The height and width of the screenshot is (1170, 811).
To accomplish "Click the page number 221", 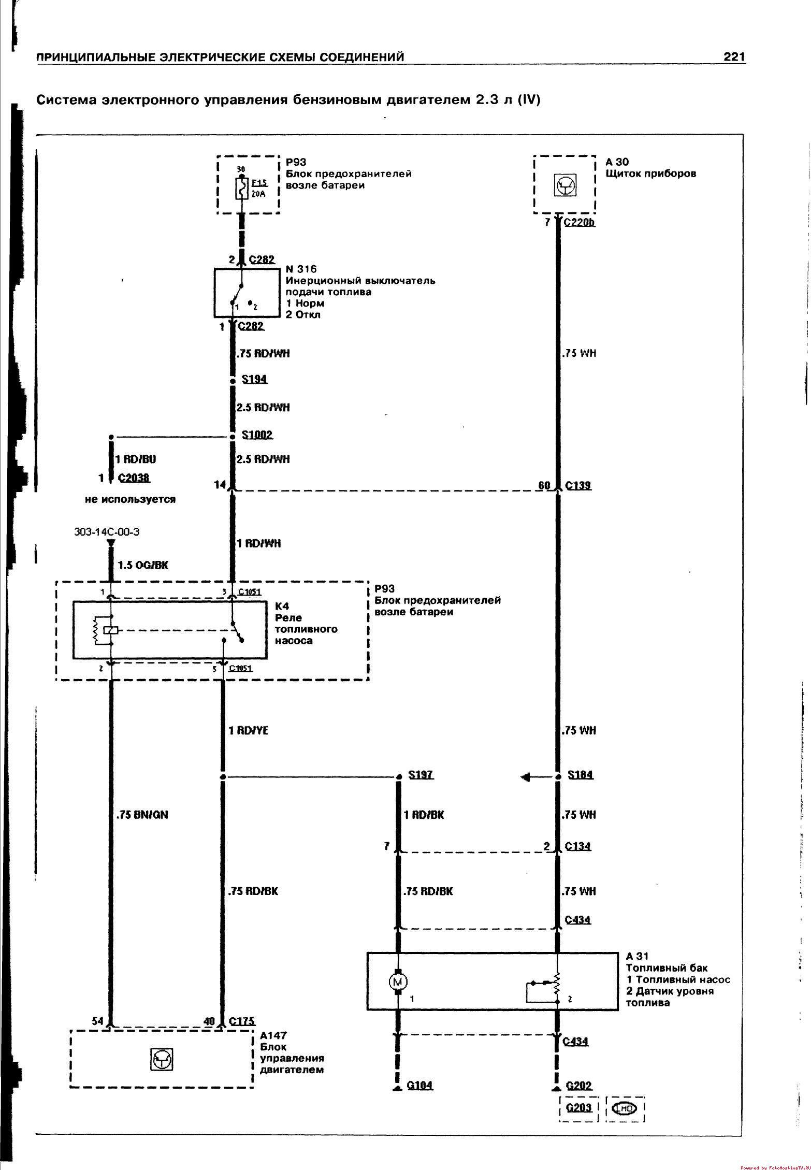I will [734, 56].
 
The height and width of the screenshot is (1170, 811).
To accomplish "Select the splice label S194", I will [254, 380].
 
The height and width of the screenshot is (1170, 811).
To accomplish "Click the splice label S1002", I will [257, 435].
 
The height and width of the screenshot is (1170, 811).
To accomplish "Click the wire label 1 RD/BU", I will [135, 459].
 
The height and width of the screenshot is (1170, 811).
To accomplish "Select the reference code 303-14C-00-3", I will [107, 531].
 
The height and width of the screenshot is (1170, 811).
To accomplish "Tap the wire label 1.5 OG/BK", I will [143, 565].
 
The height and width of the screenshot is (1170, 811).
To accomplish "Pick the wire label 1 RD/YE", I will [249, 731].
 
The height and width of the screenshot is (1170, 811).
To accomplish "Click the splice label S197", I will [421, 775].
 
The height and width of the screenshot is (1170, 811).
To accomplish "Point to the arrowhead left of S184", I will [526, 777].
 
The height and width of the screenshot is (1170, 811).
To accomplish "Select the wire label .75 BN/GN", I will [142, 815].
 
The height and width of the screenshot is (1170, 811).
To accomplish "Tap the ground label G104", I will [419, 1085].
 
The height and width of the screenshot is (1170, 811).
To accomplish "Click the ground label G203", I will [578, 1108].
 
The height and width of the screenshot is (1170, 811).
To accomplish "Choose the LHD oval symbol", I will [625, 1108].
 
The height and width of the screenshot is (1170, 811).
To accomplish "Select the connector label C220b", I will [579, 223].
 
